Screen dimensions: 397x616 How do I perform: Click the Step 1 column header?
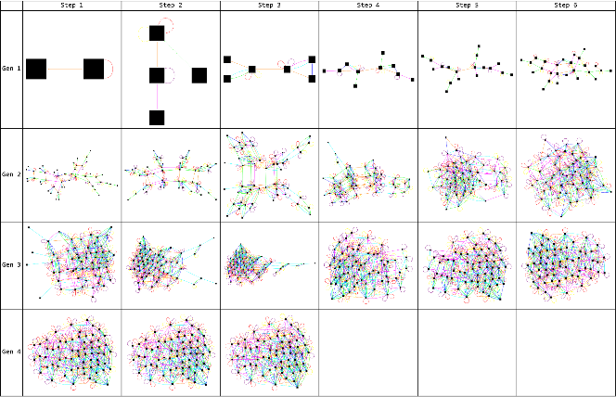click(71, 5)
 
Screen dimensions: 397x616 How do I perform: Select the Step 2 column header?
click(170, 5)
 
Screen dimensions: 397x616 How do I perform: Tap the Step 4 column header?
click(367, 5)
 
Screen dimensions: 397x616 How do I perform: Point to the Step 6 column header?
click(565, 5)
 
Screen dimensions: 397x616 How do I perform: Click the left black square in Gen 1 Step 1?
click(36, 69)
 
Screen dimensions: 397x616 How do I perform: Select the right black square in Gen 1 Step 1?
click(94, 69)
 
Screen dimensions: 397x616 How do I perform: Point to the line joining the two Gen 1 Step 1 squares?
click(65, 69)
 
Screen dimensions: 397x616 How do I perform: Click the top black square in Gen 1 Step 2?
click(157, 33)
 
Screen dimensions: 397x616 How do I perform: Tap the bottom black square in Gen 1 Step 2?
click(157, 118)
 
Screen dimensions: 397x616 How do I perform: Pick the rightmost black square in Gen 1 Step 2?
click(199, 75)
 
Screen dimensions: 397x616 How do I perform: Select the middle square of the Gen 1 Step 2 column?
click(157, 75)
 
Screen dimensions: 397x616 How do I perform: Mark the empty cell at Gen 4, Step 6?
click(565, 352)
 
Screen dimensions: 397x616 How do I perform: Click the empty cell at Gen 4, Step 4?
click(367, 352)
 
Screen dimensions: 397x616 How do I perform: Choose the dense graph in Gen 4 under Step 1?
click(71, 353)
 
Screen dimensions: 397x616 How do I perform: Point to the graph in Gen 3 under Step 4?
click(367, 264)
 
